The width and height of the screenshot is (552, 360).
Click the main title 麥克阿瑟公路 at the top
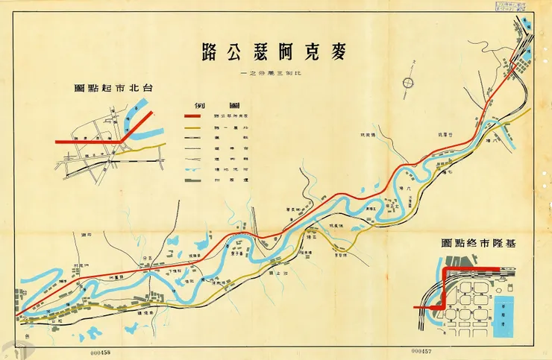click(275, 52)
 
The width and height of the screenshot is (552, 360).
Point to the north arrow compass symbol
click(408, 83)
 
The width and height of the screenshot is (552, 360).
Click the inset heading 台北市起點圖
click(113, 88)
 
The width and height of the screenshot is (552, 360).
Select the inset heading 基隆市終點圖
click(477, 244)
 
